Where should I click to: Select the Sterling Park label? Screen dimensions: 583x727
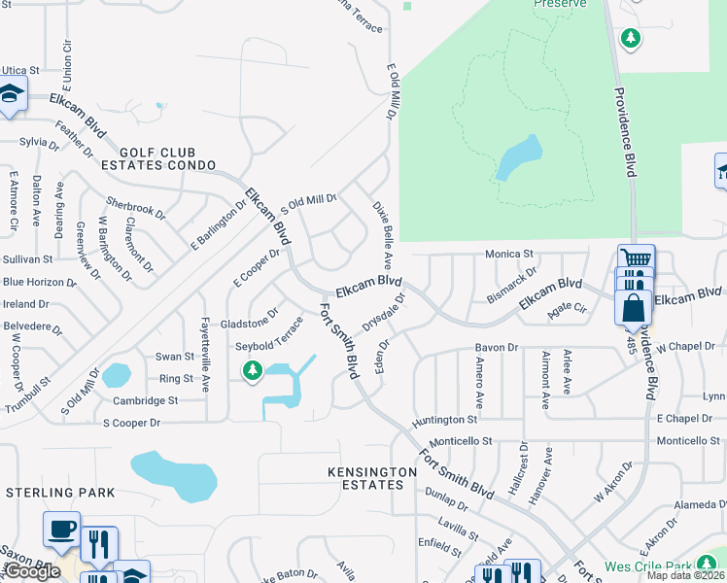pos(60,493)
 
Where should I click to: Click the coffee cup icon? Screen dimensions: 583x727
pos(60,531)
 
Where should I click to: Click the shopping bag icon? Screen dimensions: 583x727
pos(632,307)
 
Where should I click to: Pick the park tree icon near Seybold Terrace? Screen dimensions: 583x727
pos(253,370)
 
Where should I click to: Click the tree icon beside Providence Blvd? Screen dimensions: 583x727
pos(631,39)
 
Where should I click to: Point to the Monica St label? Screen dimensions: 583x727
pos(510,255)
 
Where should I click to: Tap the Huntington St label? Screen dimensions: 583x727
pos(444,420)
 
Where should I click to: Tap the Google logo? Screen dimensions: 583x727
pos(31,572)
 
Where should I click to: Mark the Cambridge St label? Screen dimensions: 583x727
pos(146,400)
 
